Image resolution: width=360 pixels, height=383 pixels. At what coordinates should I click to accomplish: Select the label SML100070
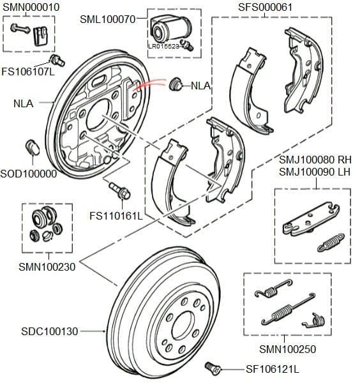point(107,19)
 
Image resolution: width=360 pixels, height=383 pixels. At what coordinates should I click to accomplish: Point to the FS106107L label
point(27,71)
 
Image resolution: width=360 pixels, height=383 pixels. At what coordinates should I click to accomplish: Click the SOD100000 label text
point(27,174)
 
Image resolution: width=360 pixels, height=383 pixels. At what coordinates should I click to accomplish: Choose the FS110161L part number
point(116,216)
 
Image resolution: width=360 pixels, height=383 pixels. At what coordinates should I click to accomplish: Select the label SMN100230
point(47,267)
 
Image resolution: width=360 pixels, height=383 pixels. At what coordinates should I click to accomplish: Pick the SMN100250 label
point(287,349)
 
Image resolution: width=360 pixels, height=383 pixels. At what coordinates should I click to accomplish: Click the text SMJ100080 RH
point(315,159)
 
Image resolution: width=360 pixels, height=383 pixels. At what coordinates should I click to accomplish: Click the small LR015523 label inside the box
point(163,46)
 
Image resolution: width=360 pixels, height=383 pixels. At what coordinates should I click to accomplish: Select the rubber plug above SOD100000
point(33,147)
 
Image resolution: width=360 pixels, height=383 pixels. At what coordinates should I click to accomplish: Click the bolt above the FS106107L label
point(57,61)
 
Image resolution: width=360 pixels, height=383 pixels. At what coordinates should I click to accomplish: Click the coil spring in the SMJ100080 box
point(330,241)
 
